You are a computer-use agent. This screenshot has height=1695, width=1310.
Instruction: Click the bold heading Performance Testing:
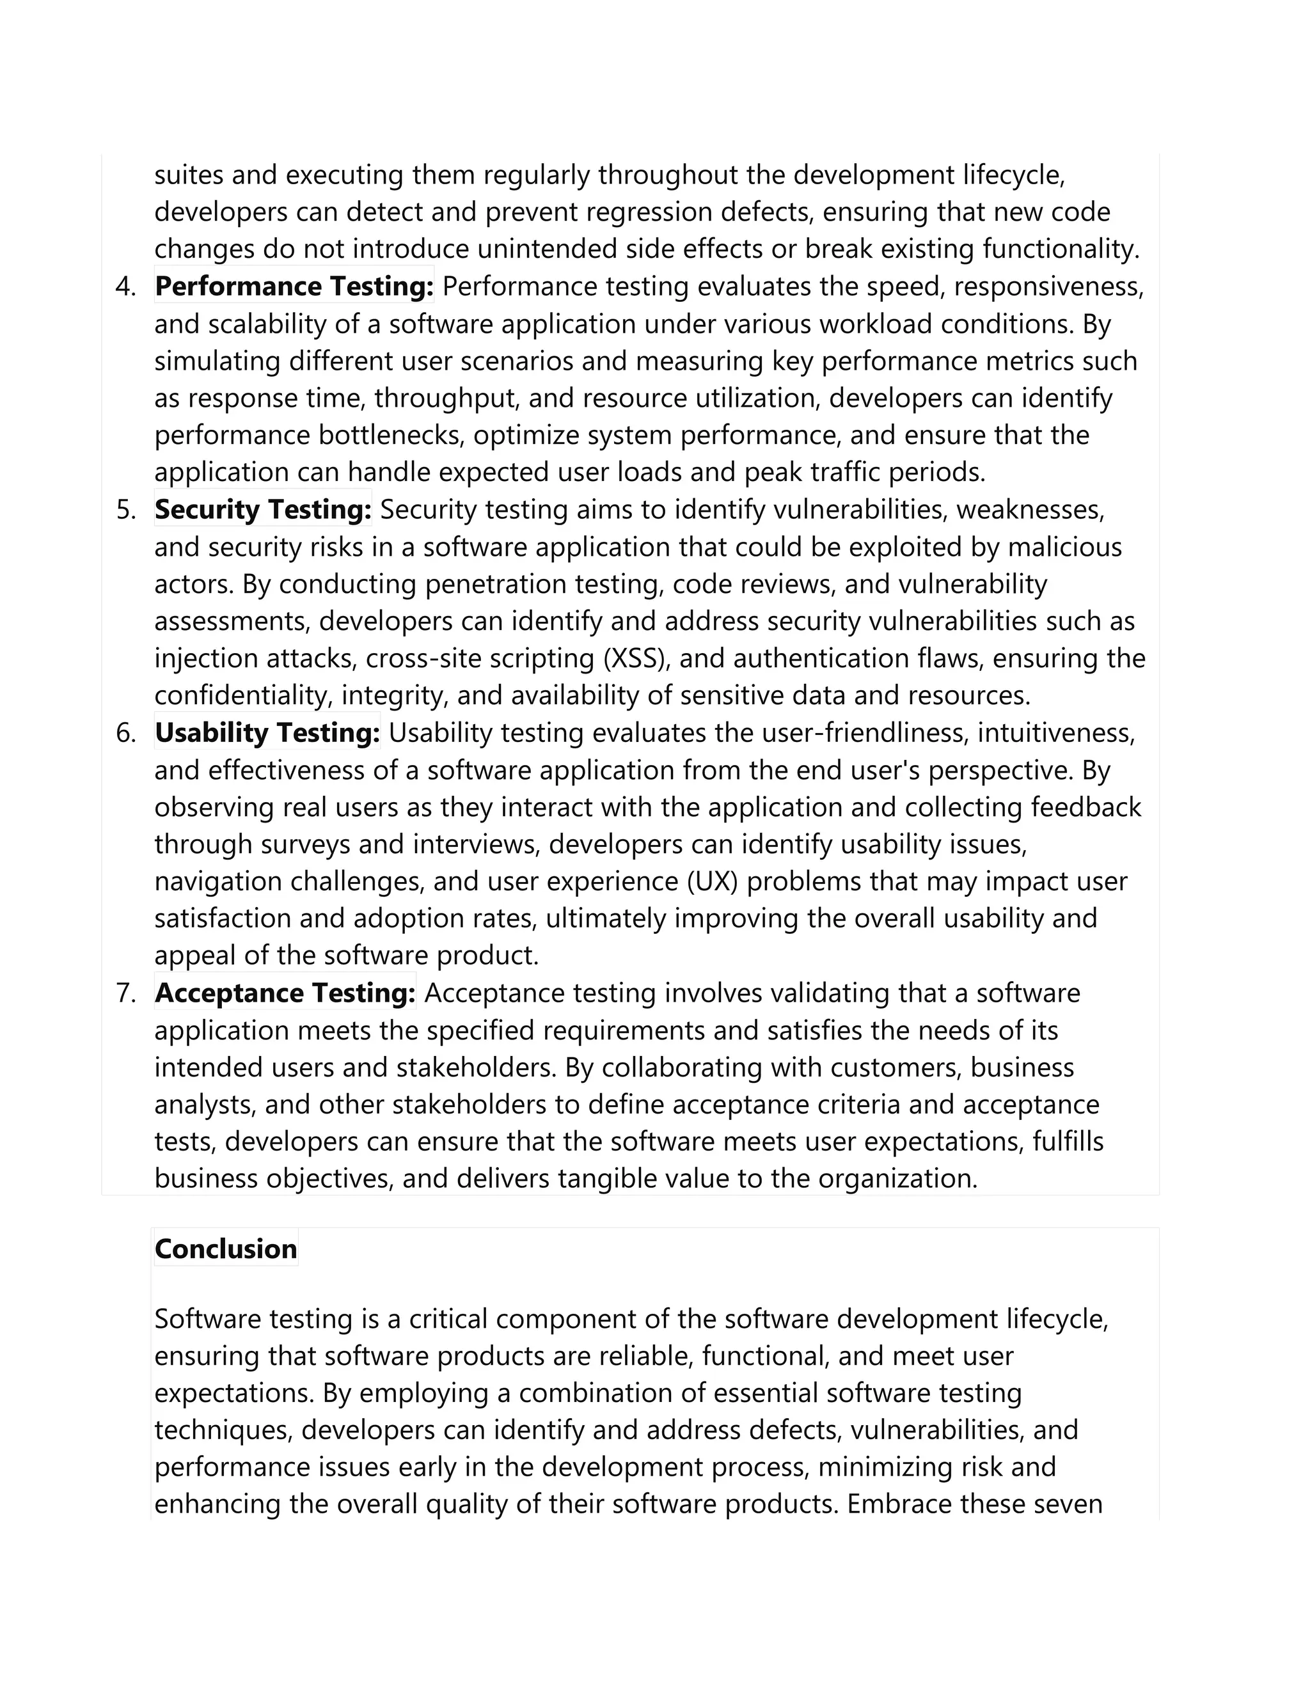click(x=294, y=287)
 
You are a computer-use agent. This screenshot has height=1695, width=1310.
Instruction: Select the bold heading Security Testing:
click(x=262, y=509)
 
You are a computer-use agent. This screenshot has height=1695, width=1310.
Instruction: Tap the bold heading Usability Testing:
click(x=267, y=732)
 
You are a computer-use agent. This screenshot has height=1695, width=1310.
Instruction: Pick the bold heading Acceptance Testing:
click(x=285, y=993)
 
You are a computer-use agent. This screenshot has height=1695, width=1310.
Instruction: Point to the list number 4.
click(x=126, y=287)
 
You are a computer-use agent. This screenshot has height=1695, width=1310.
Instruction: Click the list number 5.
click(x=126, y=510)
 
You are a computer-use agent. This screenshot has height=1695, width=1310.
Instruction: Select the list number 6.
click(x=126, y=732)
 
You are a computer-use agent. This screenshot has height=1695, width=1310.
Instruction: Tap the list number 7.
click(x=126, y=993)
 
